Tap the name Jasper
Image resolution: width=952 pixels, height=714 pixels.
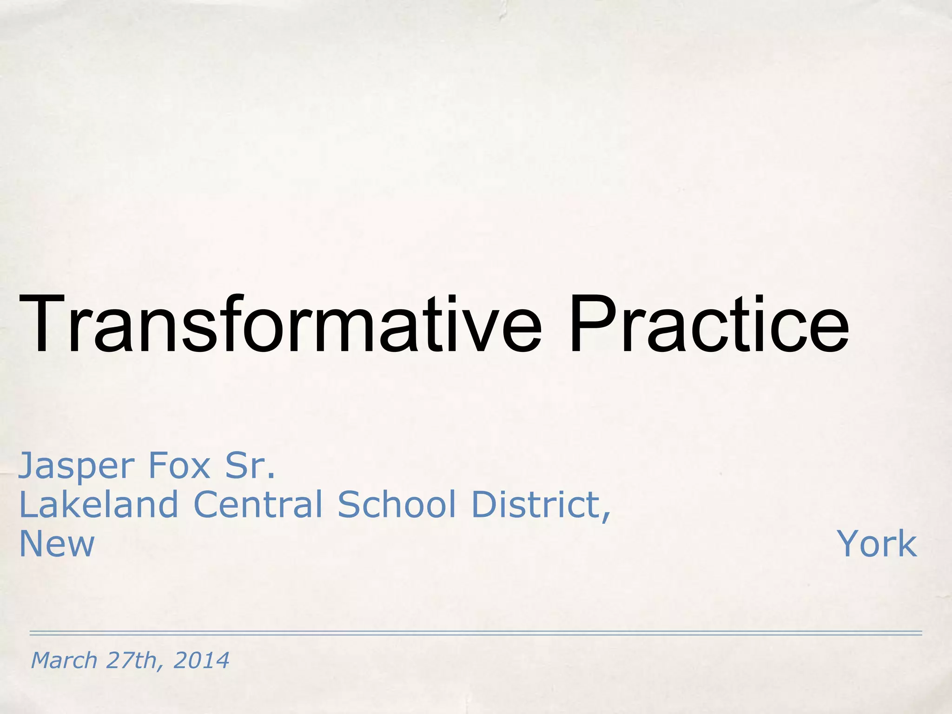tap(76, 466)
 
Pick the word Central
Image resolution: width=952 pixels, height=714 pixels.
tap(258, 504)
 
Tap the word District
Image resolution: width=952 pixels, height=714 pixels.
tap(535, 504)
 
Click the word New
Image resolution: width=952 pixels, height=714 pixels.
tap(57, 543)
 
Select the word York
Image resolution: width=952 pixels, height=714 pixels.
tap(877, 543)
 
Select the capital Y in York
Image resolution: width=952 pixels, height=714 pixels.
tap(846, 543)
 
